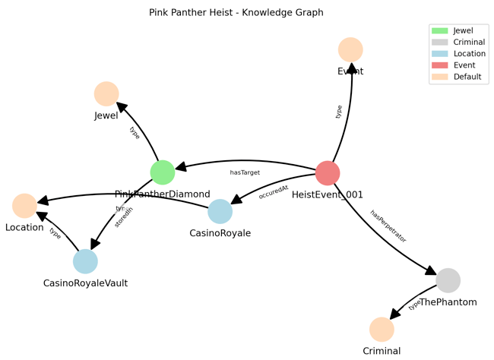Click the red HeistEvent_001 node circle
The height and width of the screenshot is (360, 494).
click(328, 173)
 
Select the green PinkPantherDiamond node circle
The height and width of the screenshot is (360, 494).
click(163, 172)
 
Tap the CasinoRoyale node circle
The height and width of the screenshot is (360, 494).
click(220, 212)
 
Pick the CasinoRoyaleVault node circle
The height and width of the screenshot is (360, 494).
click(86, 261)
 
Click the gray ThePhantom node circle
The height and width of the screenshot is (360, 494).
click(448, 280)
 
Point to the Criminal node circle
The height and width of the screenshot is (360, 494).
click(382, 330)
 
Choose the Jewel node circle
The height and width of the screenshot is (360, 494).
click(106, 93)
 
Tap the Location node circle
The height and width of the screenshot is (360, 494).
click(24, 206)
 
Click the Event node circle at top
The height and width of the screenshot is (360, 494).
click(350, 50)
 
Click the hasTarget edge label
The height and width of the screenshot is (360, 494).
click(245, 173)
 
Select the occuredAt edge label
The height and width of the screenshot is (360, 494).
click(274, 191)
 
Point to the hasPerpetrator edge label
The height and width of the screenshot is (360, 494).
click(388, 226)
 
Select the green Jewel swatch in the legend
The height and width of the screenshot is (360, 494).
click(439, 31)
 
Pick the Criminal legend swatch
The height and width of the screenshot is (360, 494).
click(439, 43)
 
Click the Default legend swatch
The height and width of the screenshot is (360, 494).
click(439, 77)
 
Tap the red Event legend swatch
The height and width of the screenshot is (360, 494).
click(439, 65)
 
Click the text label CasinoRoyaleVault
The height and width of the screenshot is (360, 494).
click(86, 283)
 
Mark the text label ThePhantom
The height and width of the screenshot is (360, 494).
click(448, 302)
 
